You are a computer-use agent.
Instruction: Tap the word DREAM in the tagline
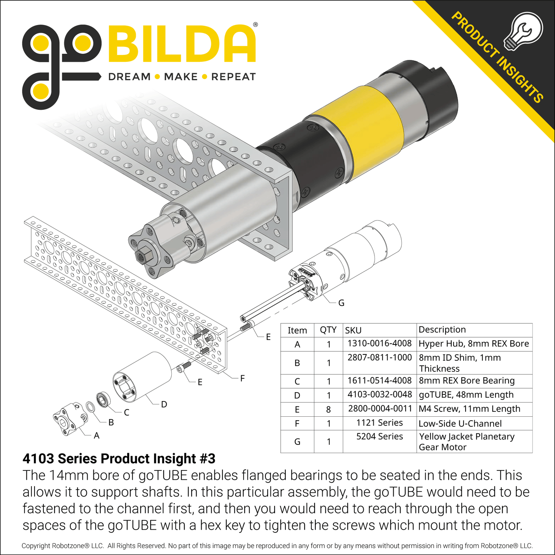point(129,77)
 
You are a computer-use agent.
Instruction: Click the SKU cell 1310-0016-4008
point(379,343)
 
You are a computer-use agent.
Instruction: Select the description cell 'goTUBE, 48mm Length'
point(466,395)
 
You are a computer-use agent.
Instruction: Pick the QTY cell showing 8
point(328,409)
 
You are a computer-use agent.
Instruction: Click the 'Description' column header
point(442,330)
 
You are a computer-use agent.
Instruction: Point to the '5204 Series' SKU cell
point(379,437)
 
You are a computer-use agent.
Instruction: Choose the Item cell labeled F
point(297,424)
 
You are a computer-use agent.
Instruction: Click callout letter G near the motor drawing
point(341,303)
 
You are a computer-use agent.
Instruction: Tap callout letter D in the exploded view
point(164,404)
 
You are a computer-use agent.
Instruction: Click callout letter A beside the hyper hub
point(96,436)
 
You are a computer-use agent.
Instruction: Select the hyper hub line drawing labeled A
point(70,419)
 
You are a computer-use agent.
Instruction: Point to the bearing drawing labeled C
point(103,399)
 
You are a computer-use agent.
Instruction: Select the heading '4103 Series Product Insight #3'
point(119,459)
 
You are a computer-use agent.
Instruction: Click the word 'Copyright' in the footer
point(36,546)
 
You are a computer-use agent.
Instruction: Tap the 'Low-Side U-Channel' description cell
point(460,424)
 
